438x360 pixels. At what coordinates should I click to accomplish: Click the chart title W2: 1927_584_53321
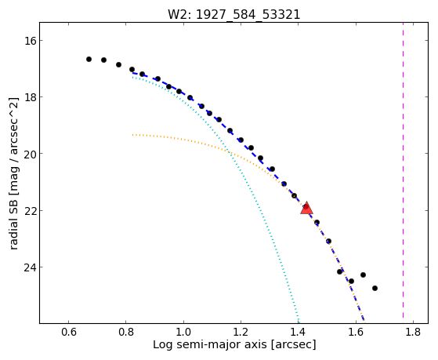[x=233, y=14]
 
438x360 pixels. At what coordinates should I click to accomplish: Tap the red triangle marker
[x=306, y=208]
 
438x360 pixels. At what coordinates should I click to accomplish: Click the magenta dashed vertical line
[x=403, y=169]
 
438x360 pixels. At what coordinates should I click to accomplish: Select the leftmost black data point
[x=89, y=59]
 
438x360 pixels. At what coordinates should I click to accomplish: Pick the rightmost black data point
[x=375, y=288]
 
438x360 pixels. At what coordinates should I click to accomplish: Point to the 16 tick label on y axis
[x=30, y=41]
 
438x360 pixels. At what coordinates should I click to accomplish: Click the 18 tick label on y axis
[x=30, y=97]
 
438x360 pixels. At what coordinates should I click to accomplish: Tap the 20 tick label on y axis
[x=30, y=154]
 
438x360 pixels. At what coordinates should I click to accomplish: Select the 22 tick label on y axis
[x=30, y=211]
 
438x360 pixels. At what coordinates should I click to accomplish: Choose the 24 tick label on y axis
[x=30, y=267]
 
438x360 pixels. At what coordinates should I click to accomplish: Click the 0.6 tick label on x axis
[x=68, y=332]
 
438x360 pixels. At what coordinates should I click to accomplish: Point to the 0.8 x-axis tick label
[x=126, y=332]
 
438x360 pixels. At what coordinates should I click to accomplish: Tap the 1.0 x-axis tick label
[x=183, y=332]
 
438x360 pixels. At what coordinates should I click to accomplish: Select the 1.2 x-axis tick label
[x=241, y=332]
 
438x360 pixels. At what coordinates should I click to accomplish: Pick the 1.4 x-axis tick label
[x=298, y=332]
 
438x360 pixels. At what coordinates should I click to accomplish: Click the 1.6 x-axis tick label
[x=356, y=332]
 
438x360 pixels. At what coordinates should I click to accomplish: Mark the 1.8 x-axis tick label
[x=413, y=332]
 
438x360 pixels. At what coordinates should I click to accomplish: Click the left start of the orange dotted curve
[x=133, y=135]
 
